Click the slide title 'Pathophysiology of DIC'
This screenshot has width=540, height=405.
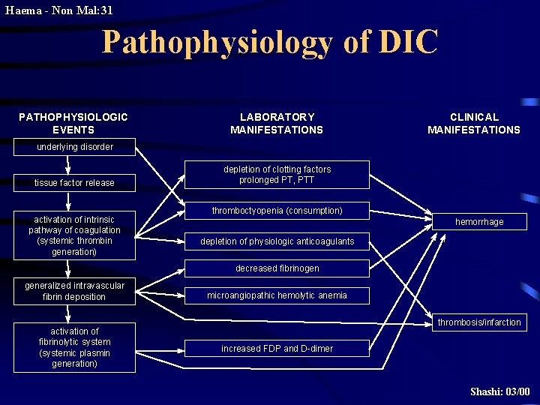click(269, 43)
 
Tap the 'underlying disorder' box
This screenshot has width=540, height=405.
click(75, 147)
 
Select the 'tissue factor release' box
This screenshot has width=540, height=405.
click(74, 183)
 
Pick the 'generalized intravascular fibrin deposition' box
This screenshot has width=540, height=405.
click(74, 291)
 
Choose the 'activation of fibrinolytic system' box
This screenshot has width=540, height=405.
click(74, 347)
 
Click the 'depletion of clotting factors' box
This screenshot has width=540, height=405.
click(277, 175)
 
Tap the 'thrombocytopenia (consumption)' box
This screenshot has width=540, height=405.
click(277, 211)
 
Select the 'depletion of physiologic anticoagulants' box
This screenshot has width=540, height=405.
click(277, 241)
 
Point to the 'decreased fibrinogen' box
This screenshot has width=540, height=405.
click(277, 268)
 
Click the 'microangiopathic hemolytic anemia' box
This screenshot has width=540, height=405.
click(277, 295)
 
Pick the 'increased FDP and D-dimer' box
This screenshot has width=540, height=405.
click(277, 349)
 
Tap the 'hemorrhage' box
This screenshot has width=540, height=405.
click(479, 222)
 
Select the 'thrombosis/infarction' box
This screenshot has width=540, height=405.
click(479, 322)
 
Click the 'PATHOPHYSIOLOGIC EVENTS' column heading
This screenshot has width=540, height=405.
click(73, 123)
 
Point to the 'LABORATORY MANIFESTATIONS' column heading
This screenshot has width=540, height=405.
click(277, 123)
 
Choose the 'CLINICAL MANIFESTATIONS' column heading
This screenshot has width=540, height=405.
click(473, 123)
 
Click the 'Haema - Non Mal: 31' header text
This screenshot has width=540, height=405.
click(58, 10)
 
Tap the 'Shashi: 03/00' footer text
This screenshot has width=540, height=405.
click(499, 391)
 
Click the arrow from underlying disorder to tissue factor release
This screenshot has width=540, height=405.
click(68, 166)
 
